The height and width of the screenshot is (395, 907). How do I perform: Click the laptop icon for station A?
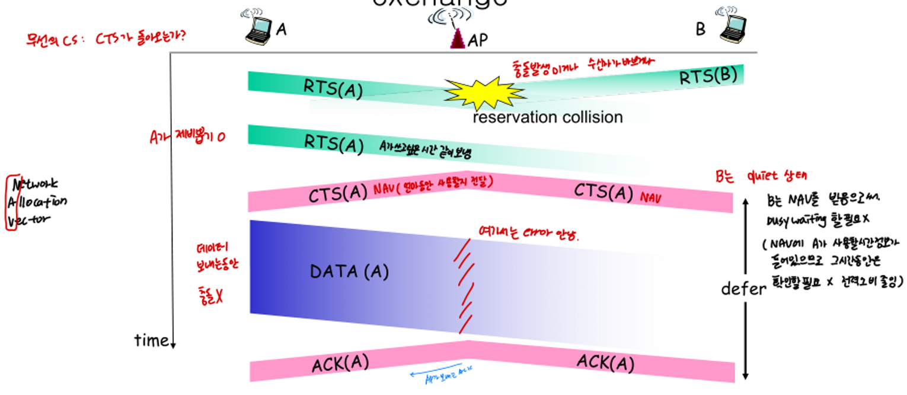pyautogui.click(x=258, y=28)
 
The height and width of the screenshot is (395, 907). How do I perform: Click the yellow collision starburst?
pyautogui.click(x=484, y=93)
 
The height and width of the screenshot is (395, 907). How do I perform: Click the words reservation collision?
pyautogui.click(x=547, y=117)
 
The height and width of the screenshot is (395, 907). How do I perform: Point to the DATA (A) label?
pyautogui.click(x=349, y=272)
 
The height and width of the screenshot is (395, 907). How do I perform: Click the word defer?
pyautogui.click(x=743, y=289)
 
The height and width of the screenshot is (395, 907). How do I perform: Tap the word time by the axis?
pyautogui.click(x=152, y=340)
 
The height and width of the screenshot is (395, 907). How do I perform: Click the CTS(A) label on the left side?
pyautogui.click(x=338, y=195)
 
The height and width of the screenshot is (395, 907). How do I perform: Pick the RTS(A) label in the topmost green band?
pyautogui.click(x=333, y=88)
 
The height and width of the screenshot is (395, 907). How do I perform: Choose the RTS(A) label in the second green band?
pyautogui.click(x=333, y=143)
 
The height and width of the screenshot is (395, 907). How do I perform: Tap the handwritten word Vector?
pyautogui.click(x=32, y=219)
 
